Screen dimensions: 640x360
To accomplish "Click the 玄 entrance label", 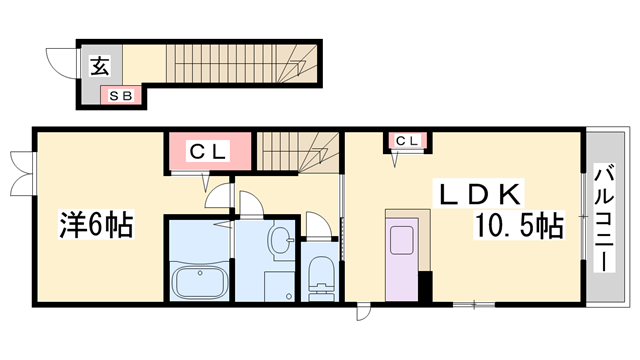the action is [x=100, y=67].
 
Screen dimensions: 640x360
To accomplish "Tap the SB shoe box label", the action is [x=121, y=96].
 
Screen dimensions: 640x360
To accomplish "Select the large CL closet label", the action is [x=207, y=151].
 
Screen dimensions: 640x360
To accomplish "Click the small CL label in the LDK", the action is [x=407, y=141].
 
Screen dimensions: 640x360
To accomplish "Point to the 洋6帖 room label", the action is [x=96, y=224].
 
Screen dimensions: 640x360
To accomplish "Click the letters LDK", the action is [x=479, y=195].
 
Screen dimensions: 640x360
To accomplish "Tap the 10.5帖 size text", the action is [x=519, y=224].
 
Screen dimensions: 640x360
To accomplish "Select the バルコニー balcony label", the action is [x=604, y=218].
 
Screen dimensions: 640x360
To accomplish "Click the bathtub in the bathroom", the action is [x=200, y=283].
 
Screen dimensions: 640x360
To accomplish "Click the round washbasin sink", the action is [x=280, y=240].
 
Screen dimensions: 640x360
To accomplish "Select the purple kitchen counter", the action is [x=402, y=259].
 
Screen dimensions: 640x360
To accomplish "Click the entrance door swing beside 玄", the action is [x=61, y=62].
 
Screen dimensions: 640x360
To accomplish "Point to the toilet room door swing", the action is [x=318, y=224].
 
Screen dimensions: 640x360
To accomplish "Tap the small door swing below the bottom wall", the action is [x=363, y=312].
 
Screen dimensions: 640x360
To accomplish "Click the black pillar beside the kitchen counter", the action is [x=426, y=287].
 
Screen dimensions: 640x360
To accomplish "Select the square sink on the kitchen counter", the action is [x=402, y=240].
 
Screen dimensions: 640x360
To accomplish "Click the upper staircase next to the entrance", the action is [x=241, y=63].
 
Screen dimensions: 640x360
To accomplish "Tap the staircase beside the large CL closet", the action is [x=298, y=151].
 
